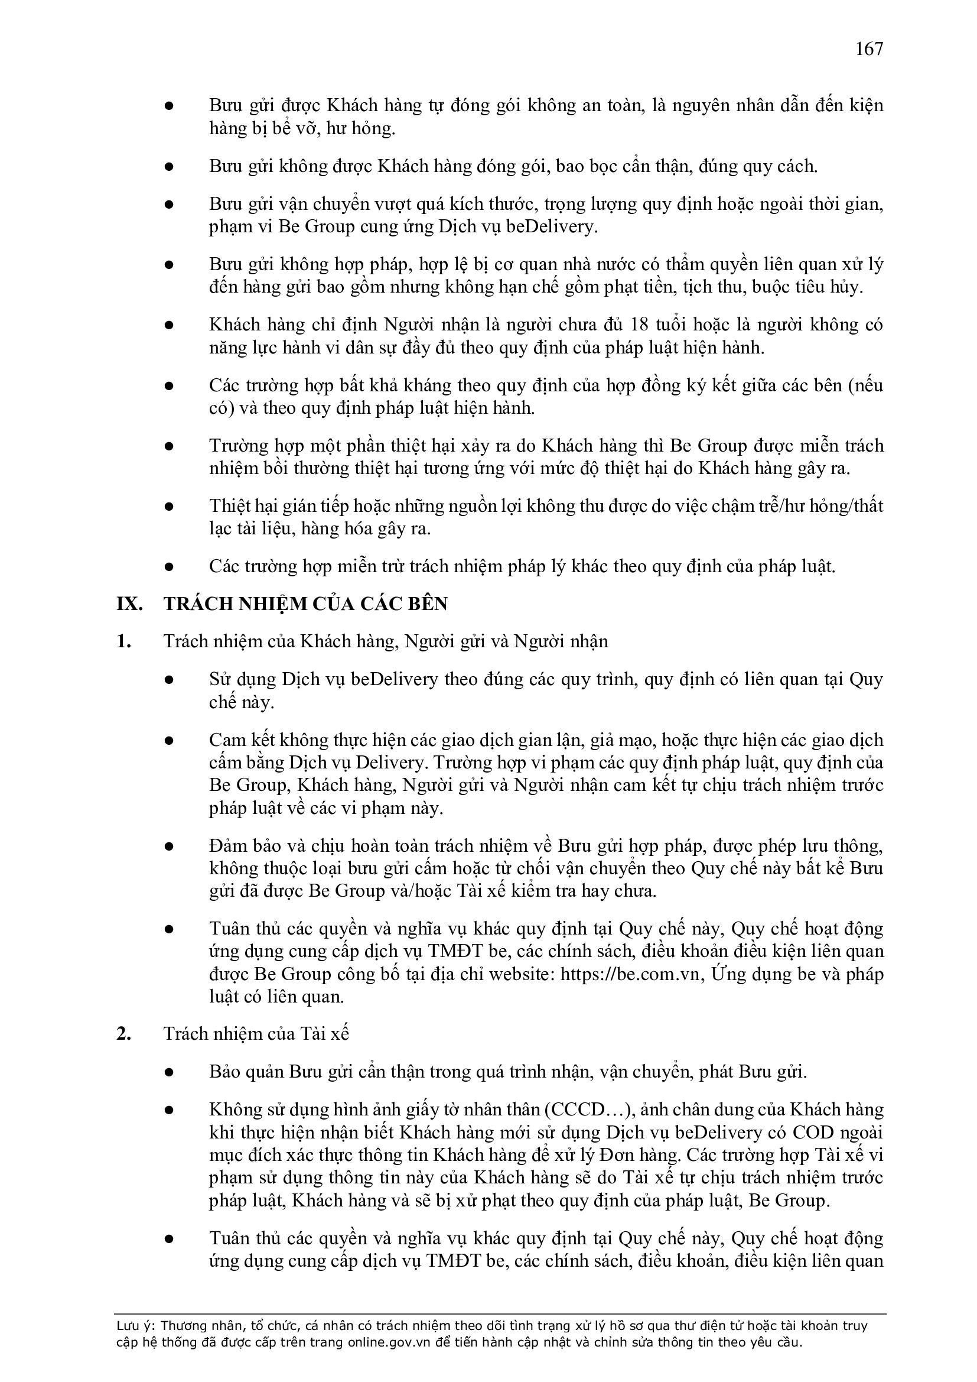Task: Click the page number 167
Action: coord(869,48)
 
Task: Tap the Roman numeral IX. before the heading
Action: coord(129,604)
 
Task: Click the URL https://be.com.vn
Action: coord(632,974)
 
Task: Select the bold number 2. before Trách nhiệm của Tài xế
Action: coord(124,1033)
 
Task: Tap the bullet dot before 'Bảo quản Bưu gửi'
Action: coord(170,1073)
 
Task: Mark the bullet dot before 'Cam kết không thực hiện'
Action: coord(170,740)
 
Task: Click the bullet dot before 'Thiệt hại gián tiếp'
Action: coord(170,506)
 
